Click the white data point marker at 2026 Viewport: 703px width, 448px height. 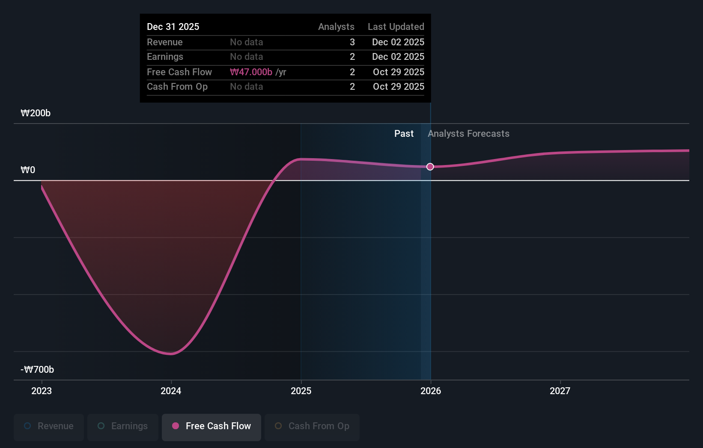(430, 167)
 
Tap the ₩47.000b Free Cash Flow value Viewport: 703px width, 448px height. (251, 72)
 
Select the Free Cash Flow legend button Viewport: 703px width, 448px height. (211, 427)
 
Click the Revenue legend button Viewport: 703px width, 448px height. (49, 427)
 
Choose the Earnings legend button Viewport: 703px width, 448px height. (123, 427)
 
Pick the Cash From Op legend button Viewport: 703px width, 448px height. (312, 427)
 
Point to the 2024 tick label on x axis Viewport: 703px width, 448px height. (171, 391)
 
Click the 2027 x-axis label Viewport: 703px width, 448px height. (560, 391)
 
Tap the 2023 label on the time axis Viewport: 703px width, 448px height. (42, 391)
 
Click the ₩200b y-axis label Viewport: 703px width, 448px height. (36, 113)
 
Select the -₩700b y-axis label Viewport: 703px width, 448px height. (37, 369)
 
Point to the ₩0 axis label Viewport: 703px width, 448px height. (28, 170)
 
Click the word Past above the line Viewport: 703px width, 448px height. (404, 134)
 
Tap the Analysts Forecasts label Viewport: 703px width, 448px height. (468, 134)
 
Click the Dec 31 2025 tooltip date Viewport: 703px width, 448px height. (173, 27)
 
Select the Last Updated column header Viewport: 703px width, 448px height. (396, 27)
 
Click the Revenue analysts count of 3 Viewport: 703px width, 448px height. (352, 42)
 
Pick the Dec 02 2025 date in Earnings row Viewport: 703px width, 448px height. (398, 57)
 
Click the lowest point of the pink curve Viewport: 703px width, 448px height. (171, 354)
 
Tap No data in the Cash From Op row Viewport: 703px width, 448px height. (246, 87)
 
